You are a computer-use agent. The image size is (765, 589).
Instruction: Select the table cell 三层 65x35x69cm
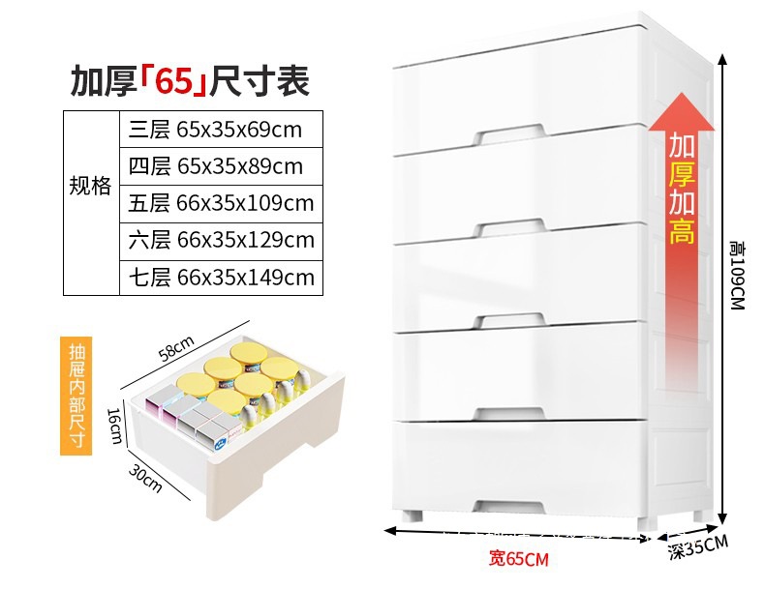(x=220, y=129)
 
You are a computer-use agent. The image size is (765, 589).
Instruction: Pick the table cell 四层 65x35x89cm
(x=220, y=165)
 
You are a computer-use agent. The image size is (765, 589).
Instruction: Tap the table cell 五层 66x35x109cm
(x=220, y=203)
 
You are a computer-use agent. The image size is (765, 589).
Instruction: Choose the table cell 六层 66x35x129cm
(x=220, y=240)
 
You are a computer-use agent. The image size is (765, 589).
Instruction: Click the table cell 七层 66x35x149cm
(x=220, y=278)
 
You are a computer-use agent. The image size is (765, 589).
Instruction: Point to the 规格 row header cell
(x=90, y=186)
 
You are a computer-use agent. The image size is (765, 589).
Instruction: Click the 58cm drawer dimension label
(x=177, y=347)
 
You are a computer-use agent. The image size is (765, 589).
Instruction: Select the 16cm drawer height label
(x=113, y=423)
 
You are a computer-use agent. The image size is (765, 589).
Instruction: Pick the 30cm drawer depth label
(x=146, y=476)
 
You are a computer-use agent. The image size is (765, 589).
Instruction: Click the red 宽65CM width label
(x=518, y=558)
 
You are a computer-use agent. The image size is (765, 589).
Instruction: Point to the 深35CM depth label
(x=697, y=547)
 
